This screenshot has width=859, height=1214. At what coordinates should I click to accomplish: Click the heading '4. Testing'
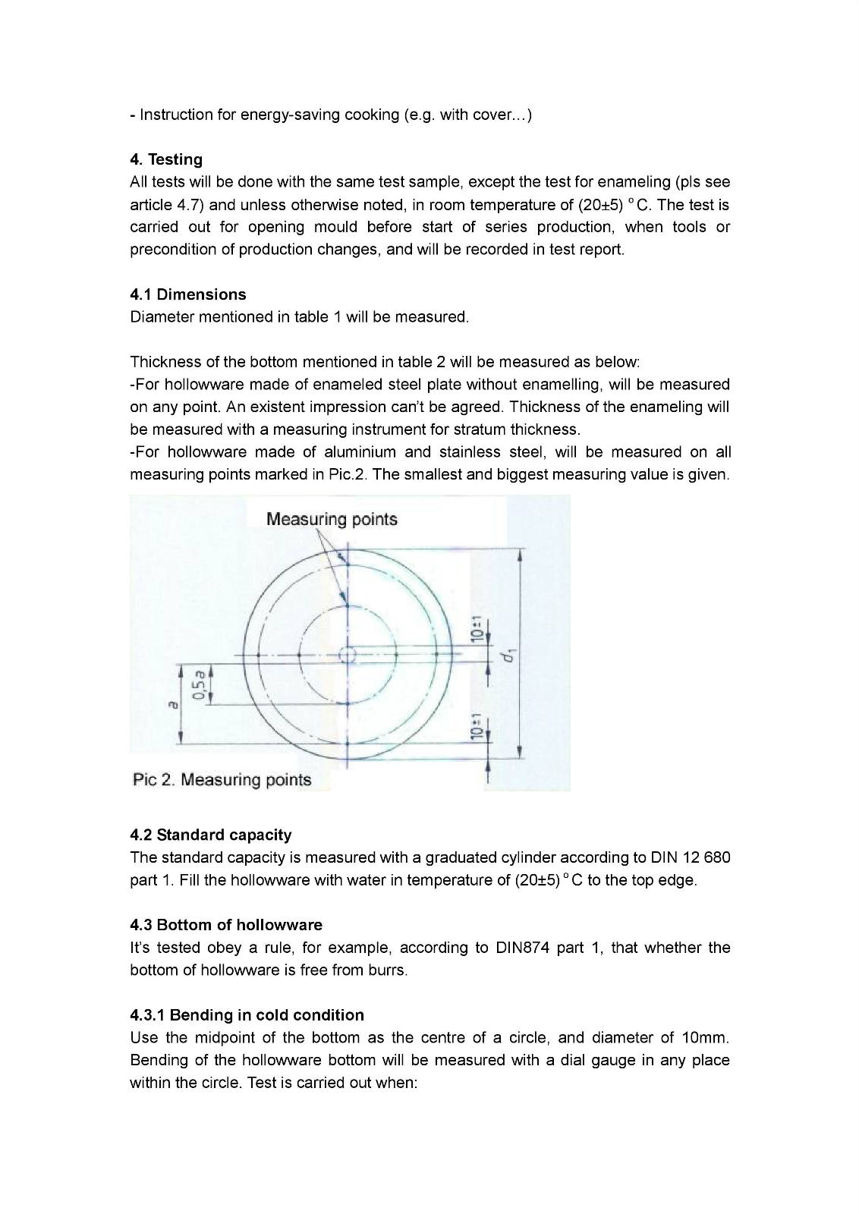click(x=166, y=159)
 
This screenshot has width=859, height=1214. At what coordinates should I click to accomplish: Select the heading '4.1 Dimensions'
click(x=188, y=294)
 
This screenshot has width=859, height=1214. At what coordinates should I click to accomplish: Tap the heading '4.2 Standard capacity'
click(x=211, y=835)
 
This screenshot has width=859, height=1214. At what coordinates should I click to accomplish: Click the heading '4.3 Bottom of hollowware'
click(x=226, y=925)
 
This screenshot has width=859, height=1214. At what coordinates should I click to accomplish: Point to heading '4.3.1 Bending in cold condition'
click(x=247, y=1015)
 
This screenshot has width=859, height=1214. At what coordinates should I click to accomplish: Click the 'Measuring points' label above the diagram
click(x=332, y=520)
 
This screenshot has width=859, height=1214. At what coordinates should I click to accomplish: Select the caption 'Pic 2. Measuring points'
click(x=222, y=780)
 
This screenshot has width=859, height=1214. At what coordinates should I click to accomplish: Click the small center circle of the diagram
click(x=348, y=654)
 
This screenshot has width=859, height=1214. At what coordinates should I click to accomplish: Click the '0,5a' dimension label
click(x=199, y=684)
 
